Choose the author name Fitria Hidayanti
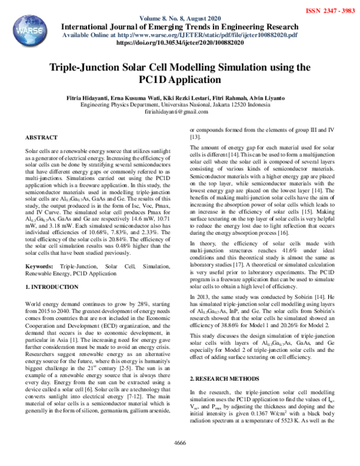tap(87, 97)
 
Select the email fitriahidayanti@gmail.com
tap(180, 112)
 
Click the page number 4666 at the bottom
tap(180, 459)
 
